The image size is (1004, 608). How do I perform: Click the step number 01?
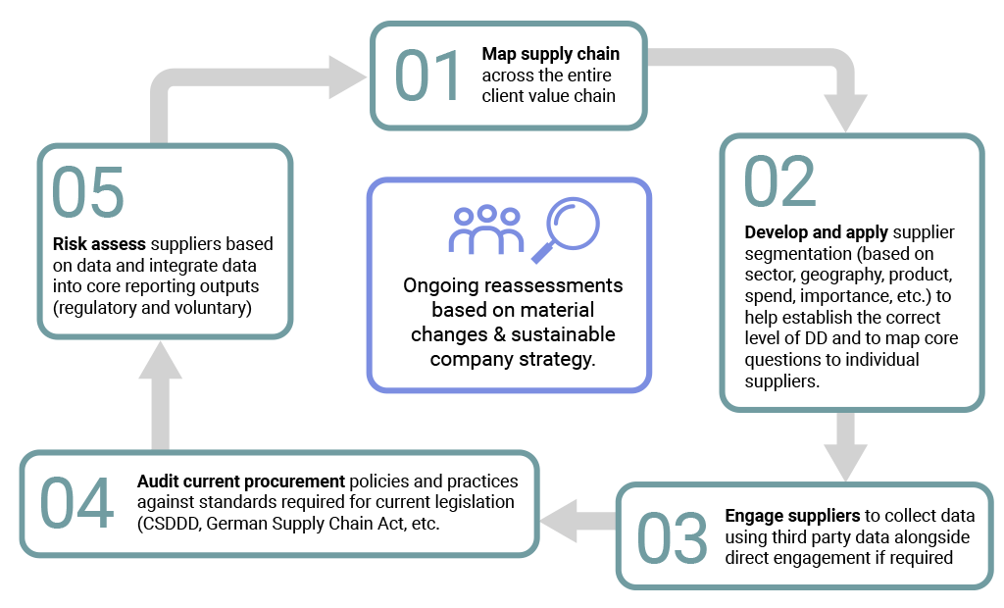[427, 76]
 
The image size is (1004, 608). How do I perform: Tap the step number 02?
[779, 180]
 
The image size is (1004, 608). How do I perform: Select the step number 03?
[672, 537]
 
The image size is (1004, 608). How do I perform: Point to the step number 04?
[76, 504]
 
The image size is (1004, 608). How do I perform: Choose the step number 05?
[88, 191]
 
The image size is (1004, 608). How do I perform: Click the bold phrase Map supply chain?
[550, 53]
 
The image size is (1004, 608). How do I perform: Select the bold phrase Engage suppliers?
[793, 516]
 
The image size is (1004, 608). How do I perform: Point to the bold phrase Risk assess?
[98, 244]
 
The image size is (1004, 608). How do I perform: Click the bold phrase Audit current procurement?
[241, 481]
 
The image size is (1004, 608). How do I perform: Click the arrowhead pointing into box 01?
[347, 76]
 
